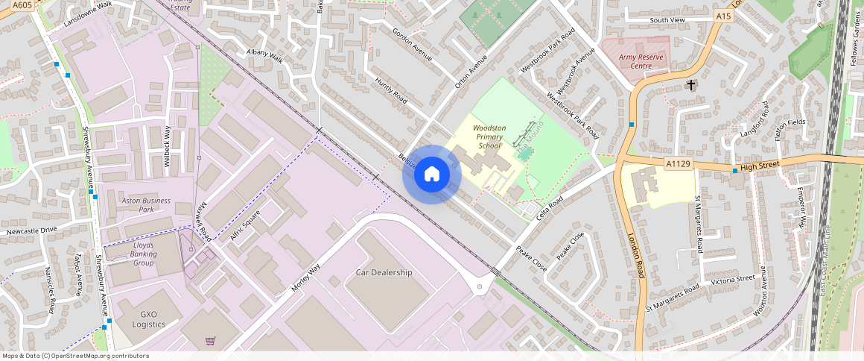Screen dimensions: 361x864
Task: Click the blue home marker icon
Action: (432, 175)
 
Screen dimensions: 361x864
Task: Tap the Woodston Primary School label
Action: (489, 136)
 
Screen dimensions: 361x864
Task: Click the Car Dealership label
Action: (384, 272)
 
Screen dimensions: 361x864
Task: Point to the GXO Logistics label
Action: (148, 319)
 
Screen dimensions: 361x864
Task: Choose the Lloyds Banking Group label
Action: (144, 254)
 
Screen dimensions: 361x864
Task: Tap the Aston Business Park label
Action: (146, 205)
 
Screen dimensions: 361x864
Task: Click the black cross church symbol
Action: (691, 85)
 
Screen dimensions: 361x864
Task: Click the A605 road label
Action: (22, 4)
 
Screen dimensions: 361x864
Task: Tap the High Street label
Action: (759, 166)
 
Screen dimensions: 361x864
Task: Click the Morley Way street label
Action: (305, 278)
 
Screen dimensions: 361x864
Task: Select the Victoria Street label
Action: (733, 279)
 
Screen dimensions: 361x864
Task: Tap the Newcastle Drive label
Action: (31, 231)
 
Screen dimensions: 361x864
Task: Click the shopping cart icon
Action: (211, 341)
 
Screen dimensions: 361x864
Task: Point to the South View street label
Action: (667, 20)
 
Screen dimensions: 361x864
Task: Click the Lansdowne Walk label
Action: (88, 14)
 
